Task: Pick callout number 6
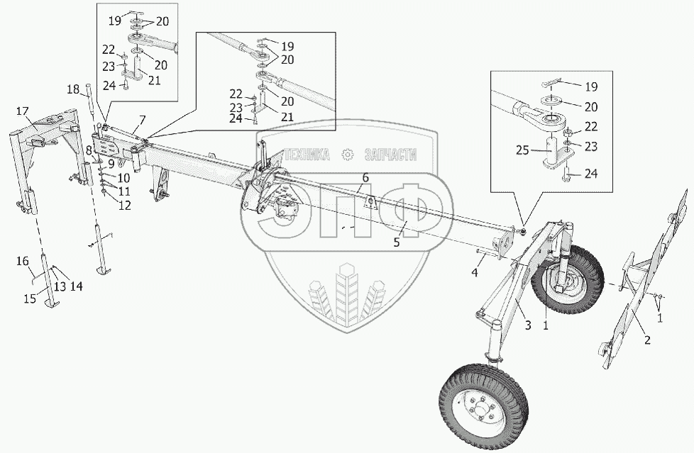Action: click(365, 177)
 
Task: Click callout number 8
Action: click(89, 150)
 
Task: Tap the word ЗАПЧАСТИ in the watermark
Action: click(390, 154)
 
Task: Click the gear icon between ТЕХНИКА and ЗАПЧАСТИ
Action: click(348, 154)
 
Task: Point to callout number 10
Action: click(124, 177)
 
